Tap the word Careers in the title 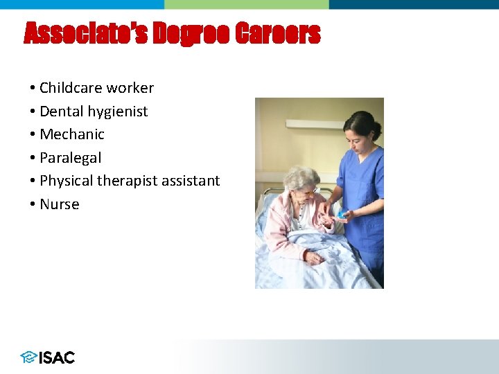278,33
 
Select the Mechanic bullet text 72,134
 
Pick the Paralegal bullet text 70,158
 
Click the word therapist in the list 127,181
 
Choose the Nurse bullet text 60,204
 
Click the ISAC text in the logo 57,357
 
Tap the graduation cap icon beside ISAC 28,357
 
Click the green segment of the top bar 246,4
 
